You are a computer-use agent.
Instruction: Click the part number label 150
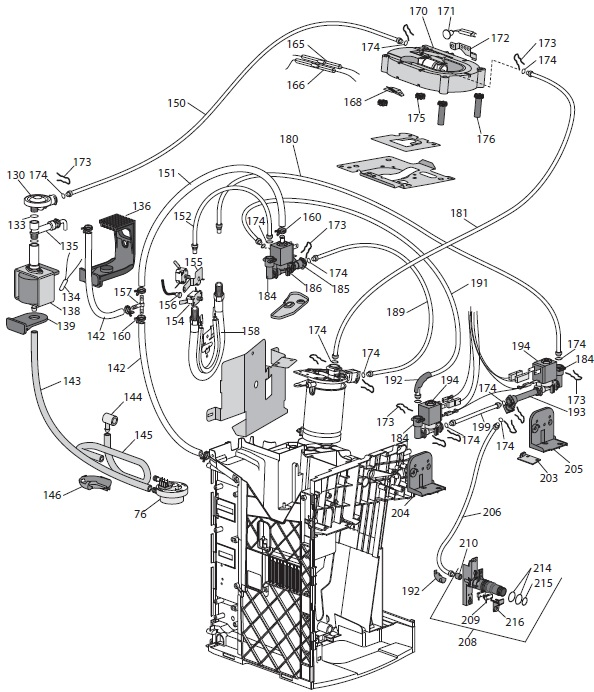click(x=177, y=103)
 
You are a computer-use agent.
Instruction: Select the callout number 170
click(x=418, y=11)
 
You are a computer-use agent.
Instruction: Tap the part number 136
click(x=141, y=206)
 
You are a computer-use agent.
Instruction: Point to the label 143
click(x=72, y=380)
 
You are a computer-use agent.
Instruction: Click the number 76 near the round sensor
click(x=140, y=514)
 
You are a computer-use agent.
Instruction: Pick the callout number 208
click(x=467, y=641)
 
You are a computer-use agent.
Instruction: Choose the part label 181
click(x=459, y=213)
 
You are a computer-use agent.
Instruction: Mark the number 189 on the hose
click(x=395, y=312)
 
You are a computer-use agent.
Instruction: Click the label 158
click(x=251, y=331)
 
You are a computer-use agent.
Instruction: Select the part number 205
click(x=574, y=469)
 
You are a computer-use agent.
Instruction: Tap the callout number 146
click(x=52, y=496)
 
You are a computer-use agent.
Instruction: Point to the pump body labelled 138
click(x=34, y=285)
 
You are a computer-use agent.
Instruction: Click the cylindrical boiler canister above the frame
click(x=323, y=413)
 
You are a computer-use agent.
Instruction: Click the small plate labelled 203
click(x=529, y=458)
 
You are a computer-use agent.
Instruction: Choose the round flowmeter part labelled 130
click(x=39, y=200)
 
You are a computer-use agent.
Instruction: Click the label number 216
click(x=515, y=622)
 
